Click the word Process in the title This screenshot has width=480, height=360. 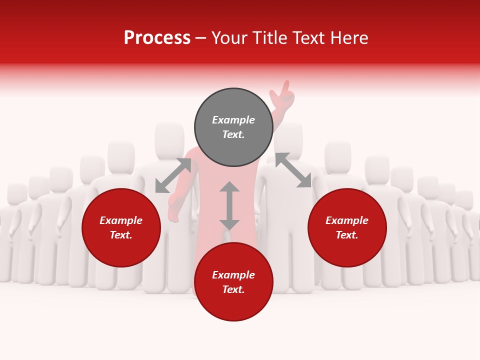tap(157, 38)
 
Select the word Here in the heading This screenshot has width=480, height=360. tap(350, 38)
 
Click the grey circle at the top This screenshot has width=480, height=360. tap(233, 127)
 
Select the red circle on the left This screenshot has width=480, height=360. tap(121, 227)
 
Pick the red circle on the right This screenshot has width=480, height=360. tap(347, 227)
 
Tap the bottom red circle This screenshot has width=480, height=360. tap(233, 281)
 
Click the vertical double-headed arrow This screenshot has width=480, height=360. tap(229, 205)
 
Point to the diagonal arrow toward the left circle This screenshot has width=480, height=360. tap(173, 175)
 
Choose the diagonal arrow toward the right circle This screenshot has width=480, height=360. tap(293, 170)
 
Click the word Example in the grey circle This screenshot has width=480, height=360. tap(233, 120)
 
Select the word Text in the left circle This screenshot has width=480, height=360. tap(121, 235)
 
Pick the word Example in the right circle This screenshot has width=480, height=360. tap(347, 220)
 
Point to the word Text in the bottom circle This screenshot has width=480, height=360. tap(233, 289)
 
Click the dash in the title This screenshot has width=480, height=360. tap(201, 38)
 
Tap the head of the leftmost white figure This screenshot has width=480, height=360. tap(16, 193)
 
